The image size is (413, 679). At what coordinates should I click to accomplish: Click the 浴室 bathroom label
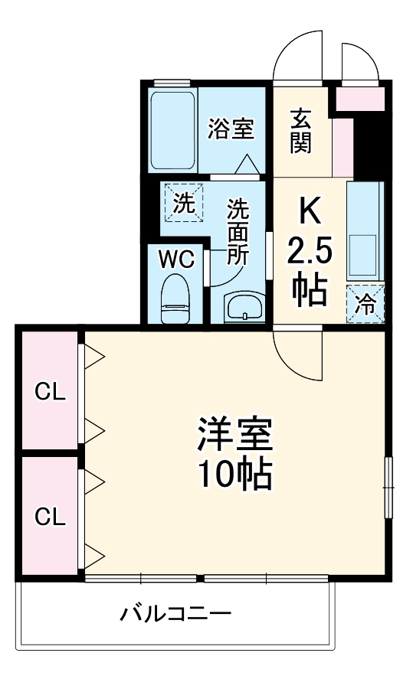click(231, 129)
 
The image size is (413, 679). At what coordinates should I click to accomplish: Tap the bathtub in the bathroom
click(172, 130)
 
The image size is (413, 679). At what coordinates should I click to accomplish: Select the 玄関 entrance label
click(301, 132)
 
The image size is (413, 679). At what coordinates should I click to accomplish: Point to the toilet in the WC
click(175, 300)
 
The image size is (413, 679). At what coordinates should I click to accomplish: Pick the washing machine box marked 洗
click(183, 204)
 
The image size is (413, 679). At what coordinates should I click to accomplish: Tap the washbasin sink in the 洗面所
click(244, 308)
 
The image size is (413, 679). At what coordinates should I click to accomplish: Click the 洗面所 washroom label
click(238, 231)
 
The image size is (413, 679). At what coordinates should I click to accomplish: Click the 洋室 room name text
click(234, 437)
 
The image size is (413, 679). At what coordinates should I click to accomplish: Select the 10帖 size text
click(234, 476)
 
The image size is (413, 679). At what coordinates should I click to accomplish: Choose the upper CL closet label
click(50, 393)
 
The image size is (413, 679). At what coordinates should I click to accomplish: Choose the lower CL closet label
click(50, 517)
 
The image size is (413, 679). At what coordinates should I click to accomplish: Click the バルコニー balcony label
click(175, 613)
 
